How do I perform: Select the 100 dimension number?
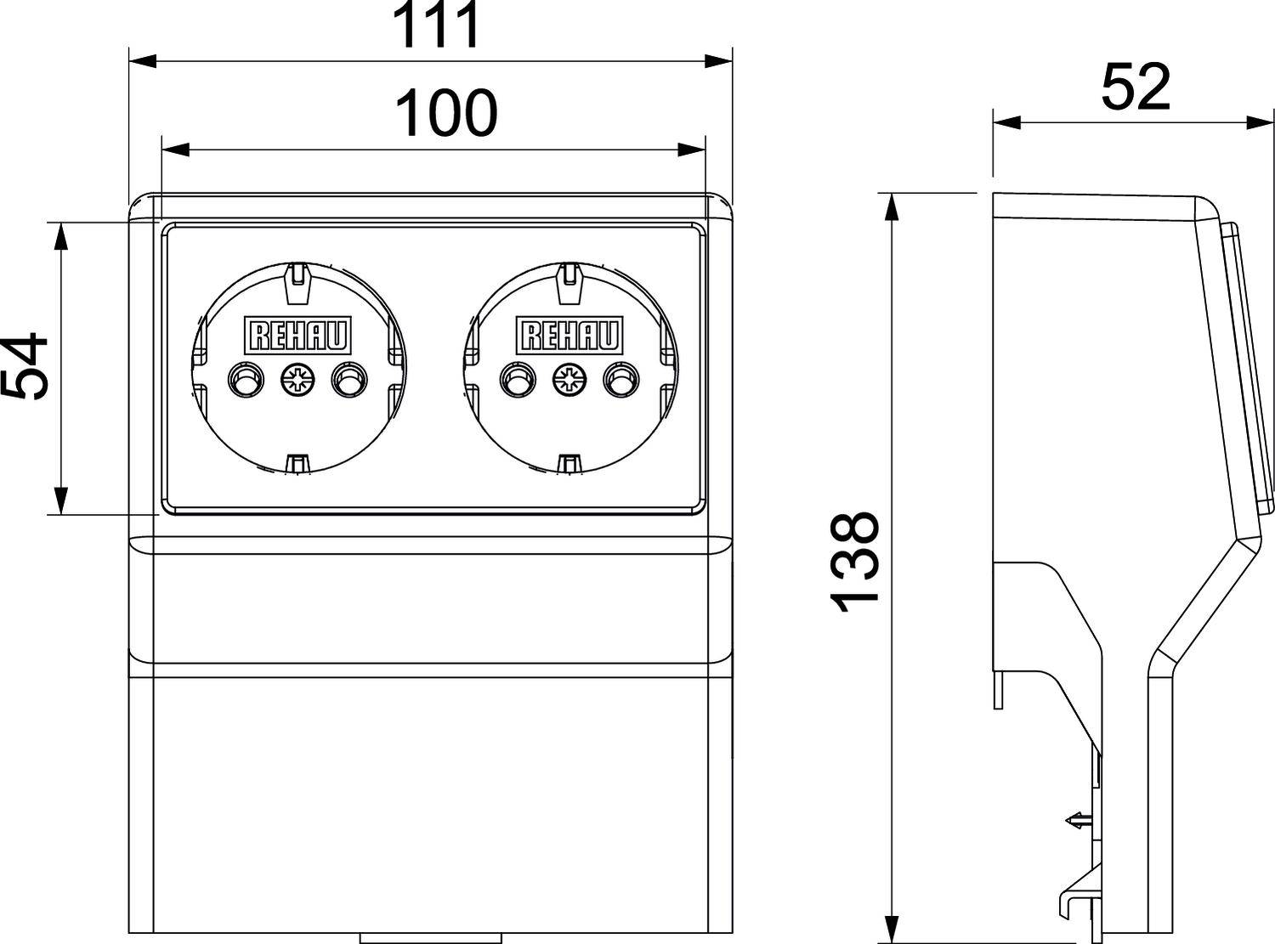[446, 114]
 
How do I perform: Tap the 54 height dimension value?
[24, 366]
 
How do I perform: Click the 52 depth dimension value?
[1136, 87]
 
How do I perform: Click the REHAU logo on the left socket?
[297, 336]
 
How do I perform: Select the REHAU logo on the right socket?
[570, 336]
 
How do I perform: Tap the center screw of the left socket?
[297, 380]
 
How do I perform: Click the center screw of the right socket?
[569, 380]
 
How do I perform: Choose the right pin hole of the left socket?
[348, 380]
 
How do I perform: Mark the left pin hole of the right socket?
[518, 380]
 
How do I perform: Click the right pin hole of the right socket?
[620, 380]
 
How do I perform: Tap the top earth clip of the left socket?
[297, 281]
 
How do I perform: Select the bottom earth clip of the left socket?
[297, 464]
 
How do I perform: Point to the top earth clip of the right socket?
[569, 281]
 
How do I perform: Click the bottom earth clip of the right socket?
[569, 464]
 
